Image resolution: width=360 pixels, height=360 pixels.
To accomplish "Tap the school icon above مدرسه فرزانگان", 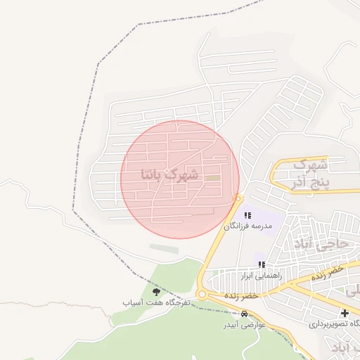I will pyautogui.click(x=247, y=215).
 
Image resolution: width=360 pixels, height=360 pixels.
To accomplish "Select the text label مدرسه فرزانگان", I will pyautogui.click(x=246, y=226).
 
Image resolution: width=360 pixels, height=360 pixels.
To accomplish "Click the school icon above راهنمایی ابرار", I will pyautogui.click(x=262, y=265).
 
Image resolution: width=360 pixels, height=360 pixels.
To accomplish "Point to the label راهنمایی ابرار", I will pyautogui.click(x=261, y=276).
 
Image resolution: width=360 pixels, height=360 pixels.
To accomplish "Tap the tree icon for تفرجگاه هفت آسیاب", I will pyautogui.click(x=156, y=291).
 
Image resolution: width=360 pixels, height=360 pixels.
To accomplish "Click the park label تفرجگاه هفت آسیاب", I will pyautogui.click(x=157, y=302).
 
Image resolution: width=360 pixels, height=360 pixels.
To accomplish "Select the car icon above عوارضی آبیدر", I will pyautogui.click(x=244, y=316).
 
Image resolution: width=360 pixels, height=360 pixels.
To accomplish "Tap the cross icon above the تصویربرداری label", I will pyautogui.click(x=344, y=313).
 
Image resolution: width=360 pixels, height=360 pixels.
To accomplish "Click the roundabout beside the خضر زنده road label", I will pyautogui.click(x=202, y=295).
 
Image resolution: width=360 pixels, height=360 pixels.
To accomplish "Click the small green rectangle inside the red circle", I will pyautogui.click(x=212, y=177).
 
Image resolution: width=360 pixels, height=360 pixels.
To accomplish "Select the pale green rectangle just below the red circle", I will pyautogui.click(x=164, y=248).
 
